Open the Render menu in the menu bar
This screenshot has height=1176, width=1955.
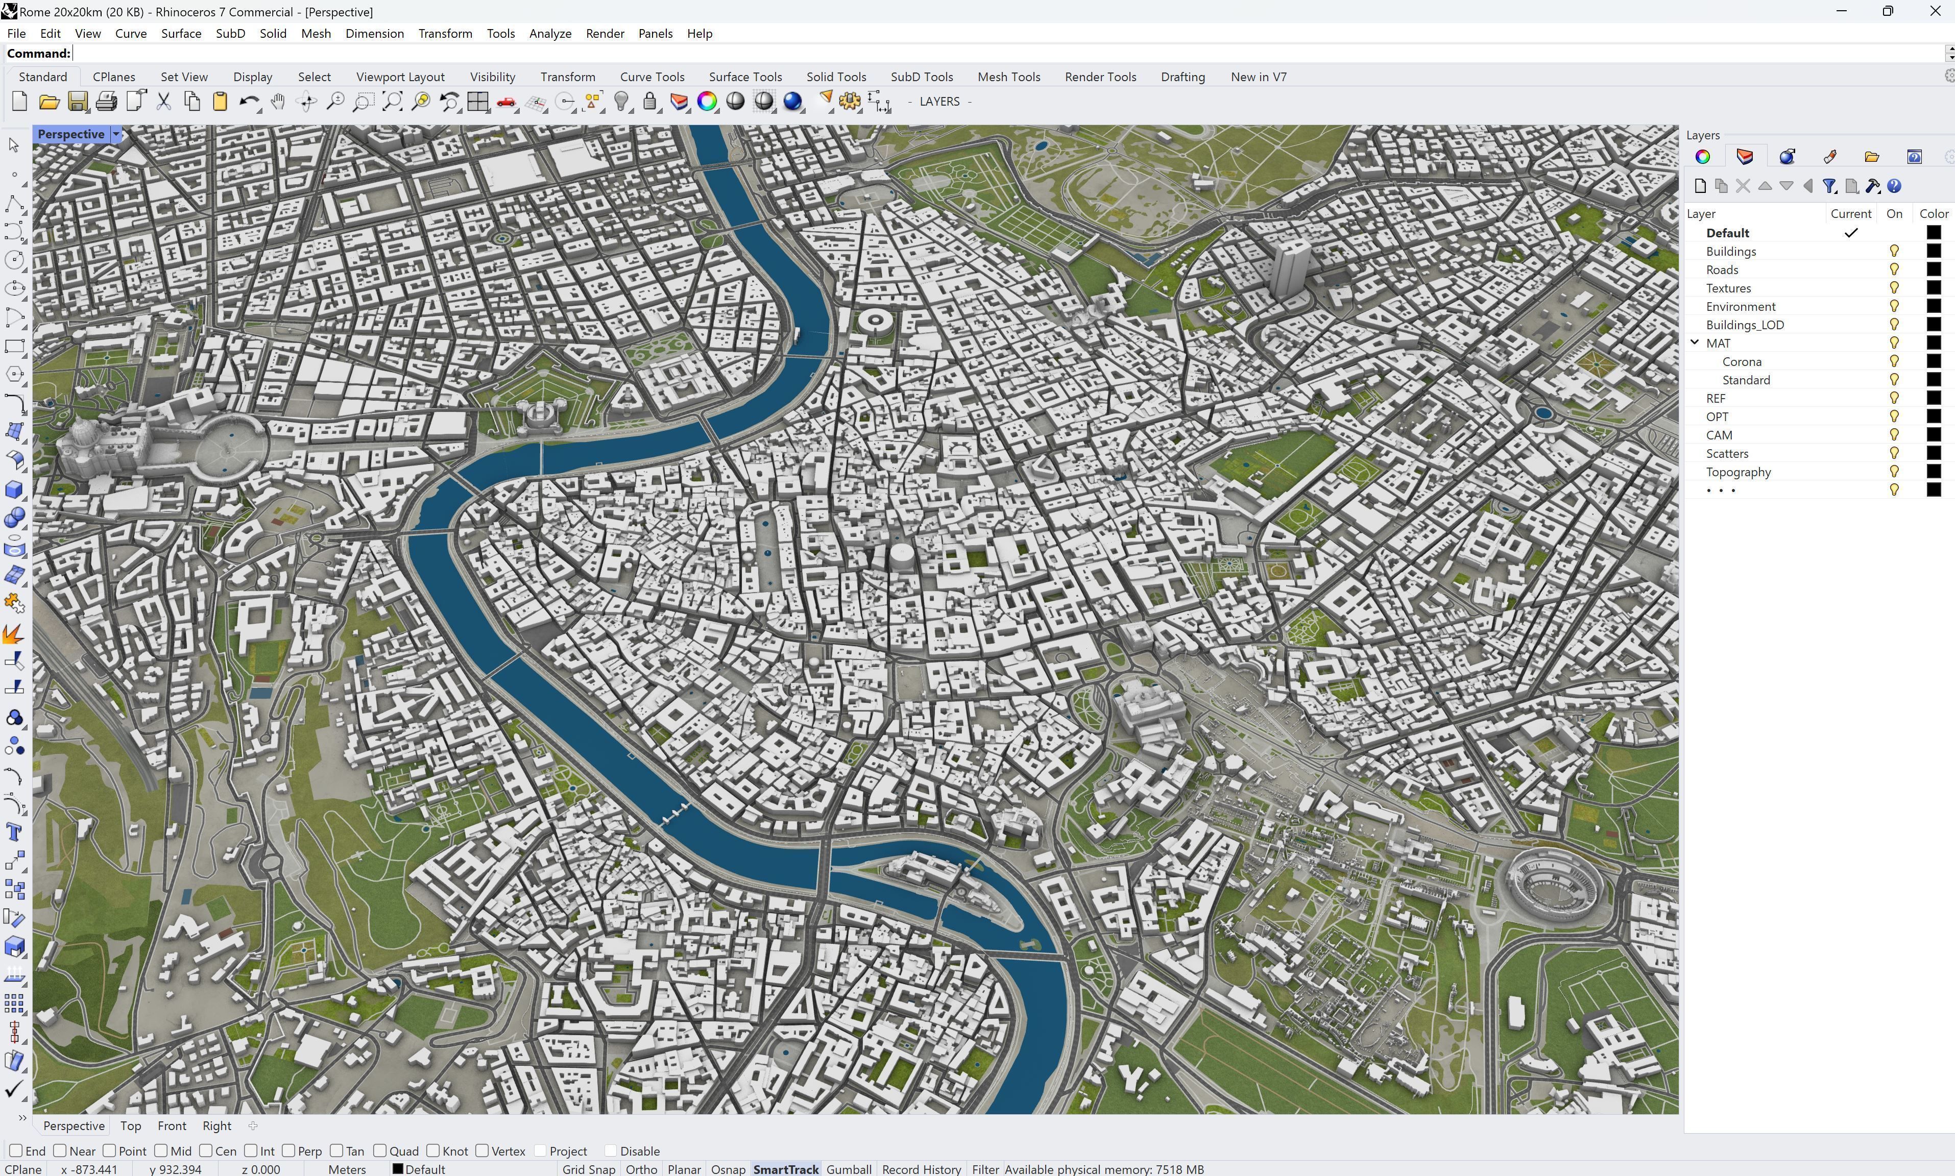605,33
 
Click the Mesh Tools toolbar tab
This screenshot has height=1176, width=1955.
1008,77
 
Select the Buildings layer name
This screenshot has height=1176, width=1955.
1731,251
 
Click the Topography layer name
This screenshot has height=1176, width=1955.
1738,472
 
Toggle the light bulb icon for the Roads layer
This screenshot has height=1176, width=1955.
1894,269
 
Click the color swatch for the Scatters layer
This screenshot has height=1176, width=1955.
1933,453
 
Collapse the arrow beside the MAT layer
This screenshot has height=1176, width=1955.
1694,342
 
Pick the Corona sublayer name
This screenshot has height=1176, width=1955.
1741,361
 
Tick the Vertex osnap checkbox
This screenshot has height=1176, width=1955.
482,1150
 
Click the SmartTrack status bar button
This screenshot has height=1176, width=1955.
785,1169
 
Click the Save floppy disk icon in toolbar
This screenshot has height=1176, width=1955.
78,102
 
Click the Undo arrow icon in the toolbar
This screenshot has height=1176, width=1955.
248,102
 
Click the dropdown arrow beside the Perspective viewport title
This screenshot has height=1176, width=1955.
116,134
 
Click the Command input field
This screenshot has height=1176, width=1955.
951,53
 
